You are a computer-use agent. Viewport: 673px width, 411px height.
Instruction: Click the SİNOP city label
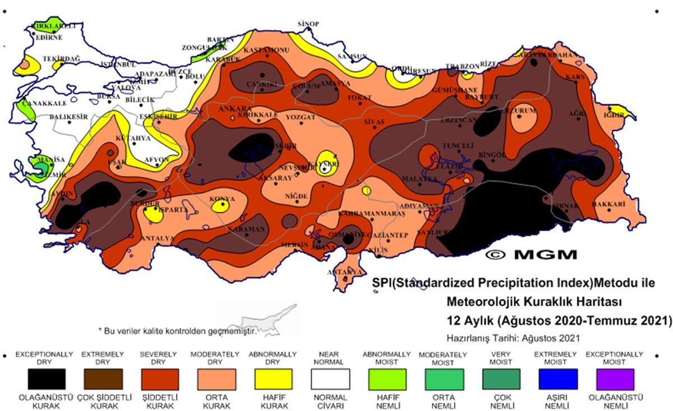(x=308, y=24)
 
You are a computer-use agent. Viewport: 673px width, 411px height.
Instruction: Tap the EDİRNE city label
(x=49, y=38)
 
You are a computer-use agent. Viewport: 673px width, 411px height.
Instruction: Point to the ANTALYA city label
(x=157, y=238)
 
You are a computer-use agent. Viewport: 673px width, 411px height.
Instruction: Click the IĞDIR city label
(x=614, y=115)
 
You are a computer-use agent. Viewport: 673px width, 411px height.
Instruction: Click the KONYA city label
(x=222, y=199)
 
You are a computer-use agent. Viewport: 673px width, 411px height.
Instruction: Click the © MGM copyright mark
(x=531, y=255)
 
